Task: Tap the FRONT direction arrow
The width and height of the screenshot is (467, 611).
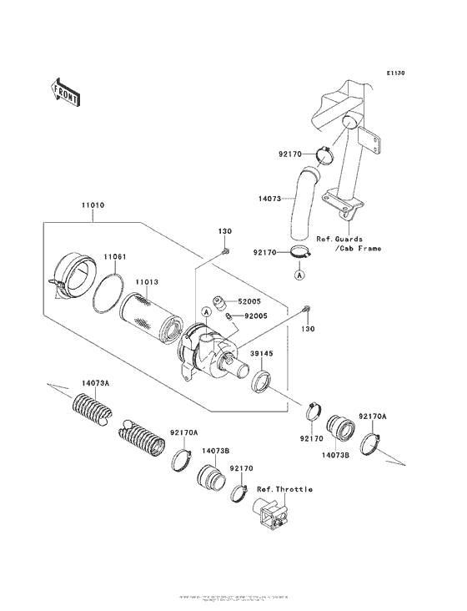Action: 66,91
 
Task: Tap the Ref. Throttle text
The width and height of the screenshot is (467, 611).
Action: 284,489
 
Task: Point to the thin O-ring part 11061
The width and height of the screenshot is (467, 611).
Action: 109,292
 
